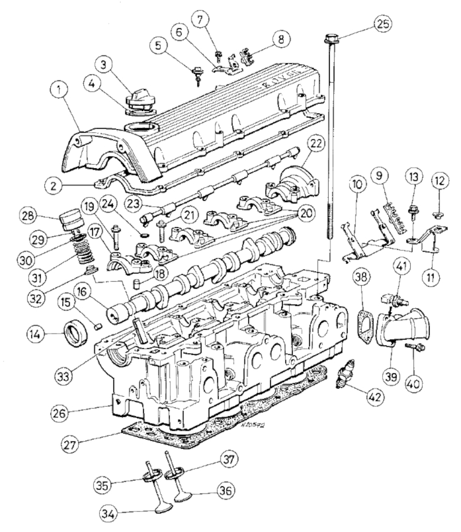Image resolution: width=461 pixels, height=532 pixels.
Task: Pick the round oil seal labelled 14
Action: click(77, 334)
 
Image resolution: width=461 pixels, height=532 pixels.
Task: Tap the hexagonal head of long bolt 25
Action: click(330, 41)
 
